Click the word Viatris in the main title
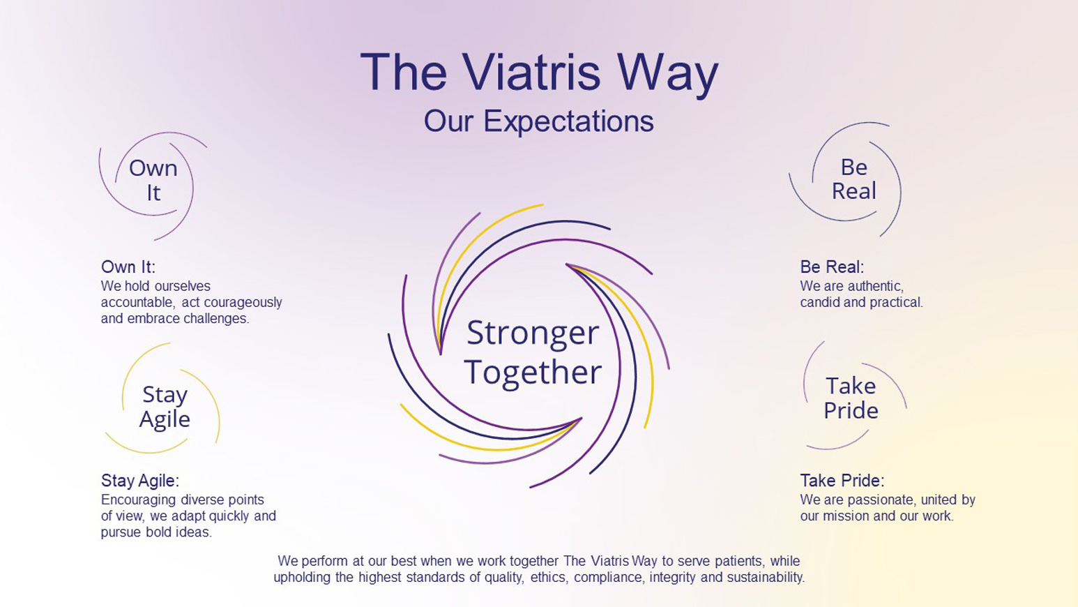coord(533,72)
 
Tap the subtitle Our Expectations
coord(538,121)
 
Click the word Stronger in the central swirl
coord(533,334)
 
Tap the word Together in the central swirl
coord(533,372)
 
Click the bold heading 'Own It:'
coord(128,267)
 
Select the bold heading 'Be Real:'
coord(832,267)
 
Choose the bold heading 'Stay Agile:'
coord(140,481)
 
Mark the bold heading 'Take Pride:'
coord(842,481)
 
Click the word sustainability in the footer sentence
coord(766,577)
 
